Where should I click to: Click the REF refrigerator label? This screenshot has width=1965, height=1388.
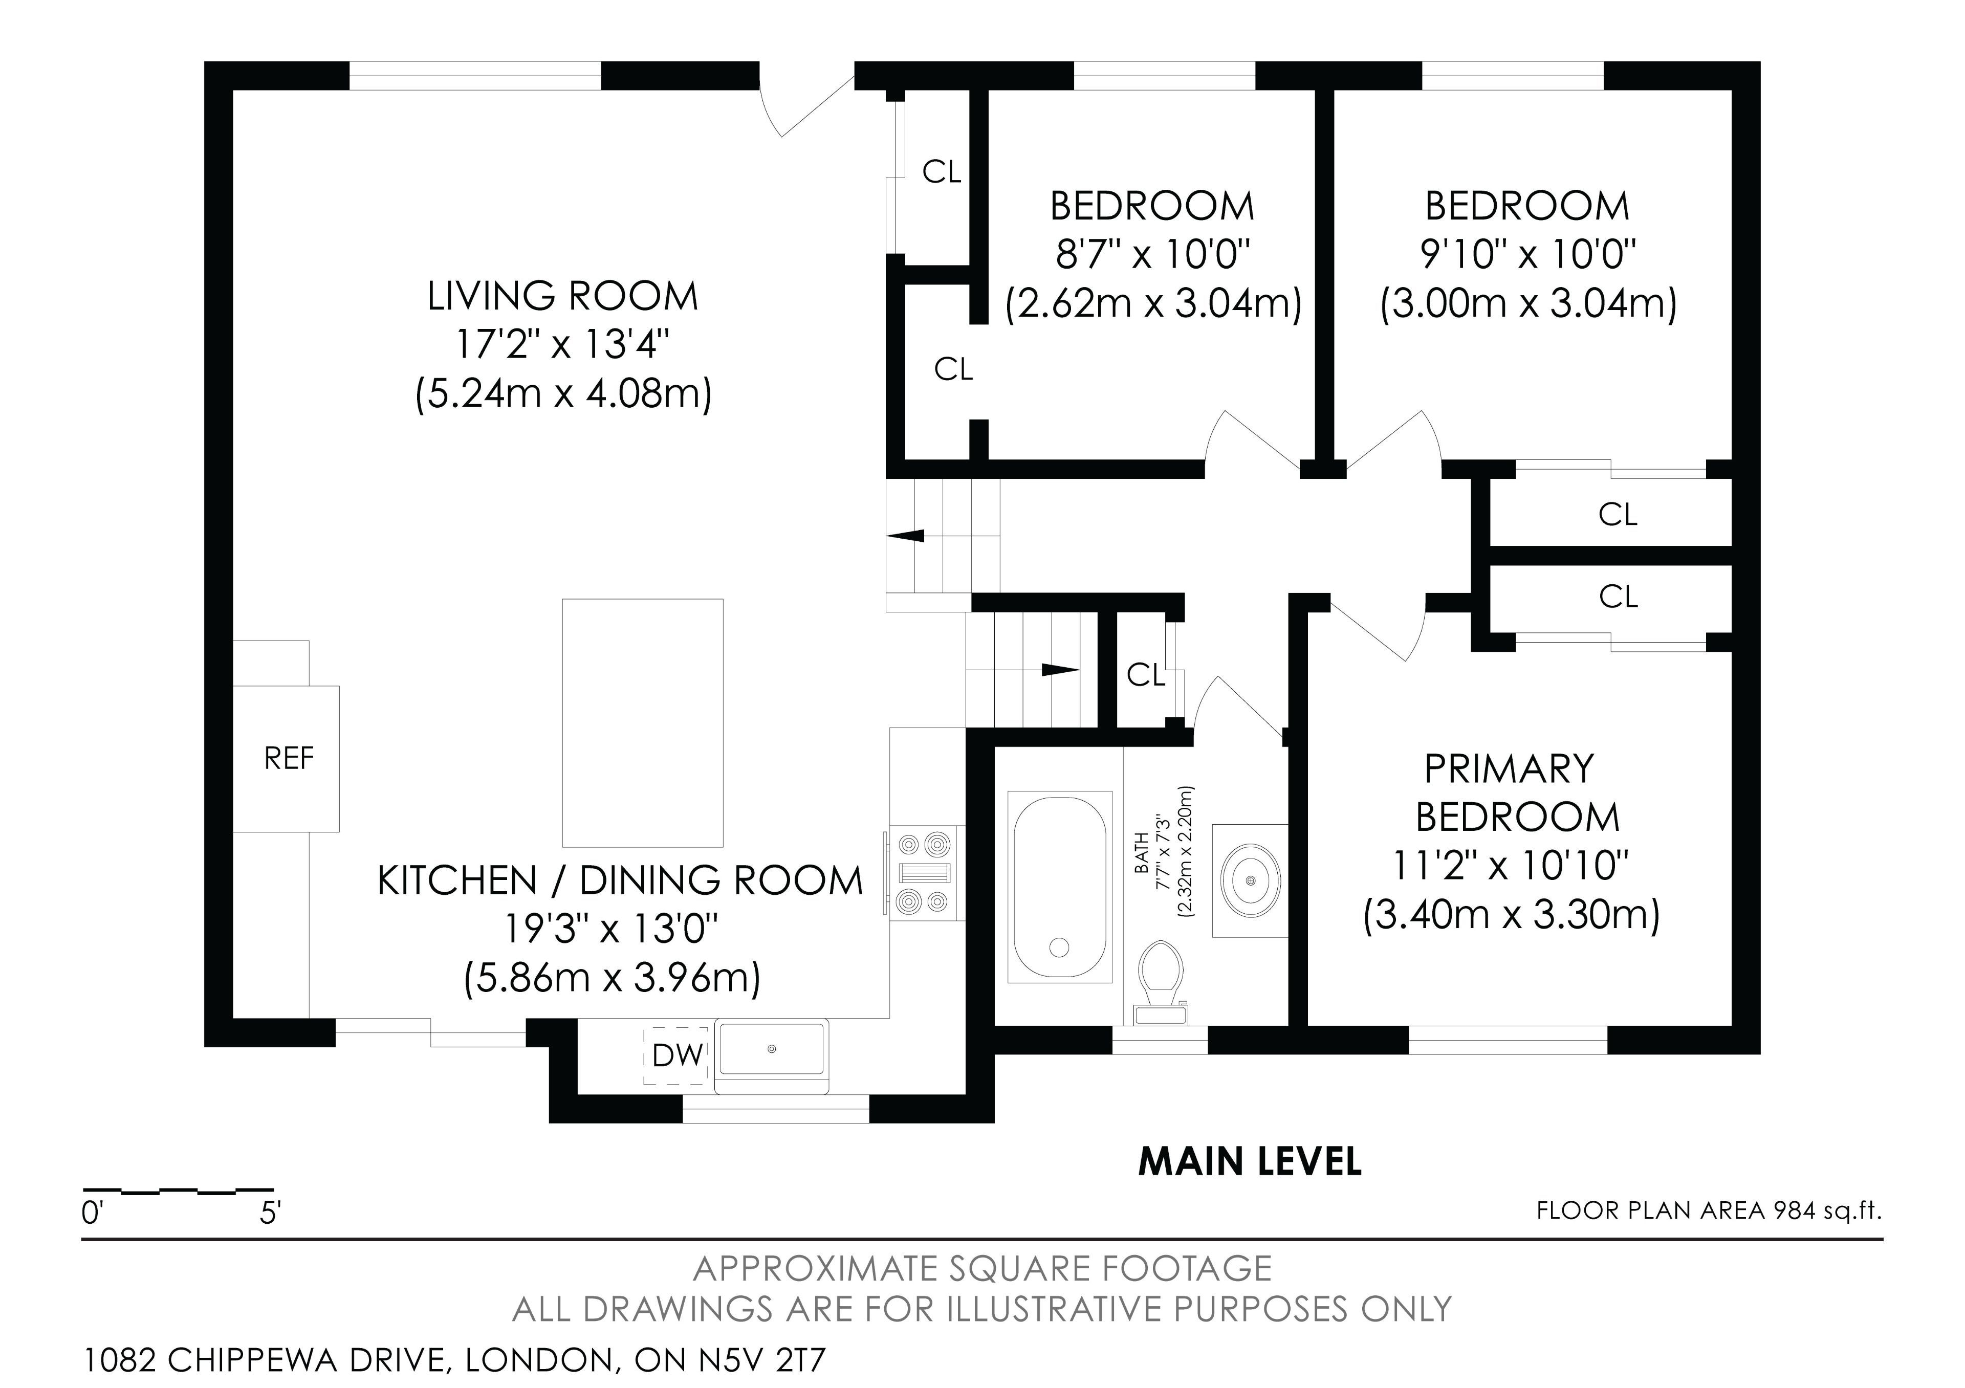click(x=289, y=758)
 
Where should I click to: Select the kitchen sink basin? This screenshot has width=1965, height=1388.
click(x=772, y=1048)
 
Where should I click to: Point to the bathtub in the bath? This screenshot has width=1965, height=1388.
click(x=1060, y=886)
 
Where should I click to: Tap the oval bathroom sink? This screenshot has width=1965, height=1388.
click(x=1251, y=879)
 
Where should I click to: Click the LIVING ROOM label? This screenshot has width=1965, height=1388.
click(x=562, y=296)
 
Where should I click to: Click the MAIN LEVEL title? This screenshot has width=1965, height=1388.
click(x=1250, y=1162)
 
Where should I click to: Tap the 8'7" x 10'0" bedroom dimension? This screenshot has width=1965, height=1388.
click(x=1153, y=254)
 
